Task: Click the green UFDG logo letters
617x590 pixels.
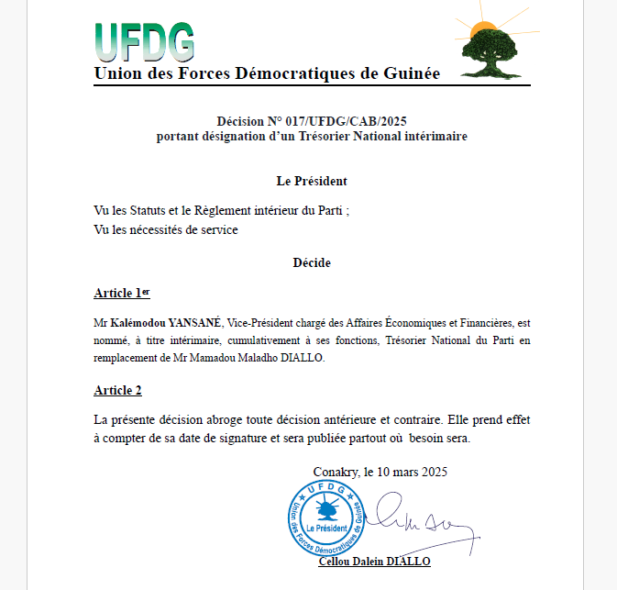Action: (144, 40)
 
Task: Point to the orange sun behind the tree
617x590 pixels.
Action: (478, 31)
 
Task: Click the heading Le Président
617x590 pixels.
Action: (312, 181)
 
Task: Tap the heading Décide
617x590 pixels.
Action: (312, 262)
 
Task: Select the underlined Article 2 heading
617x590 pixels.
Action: (117, 390)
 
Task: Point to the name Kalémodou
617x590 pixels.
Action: (138, 324)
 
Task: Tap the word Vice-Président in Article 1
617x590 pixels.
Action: (259, 324)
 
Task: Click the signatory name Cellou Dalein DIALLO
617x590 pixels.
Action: (374, 561)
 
